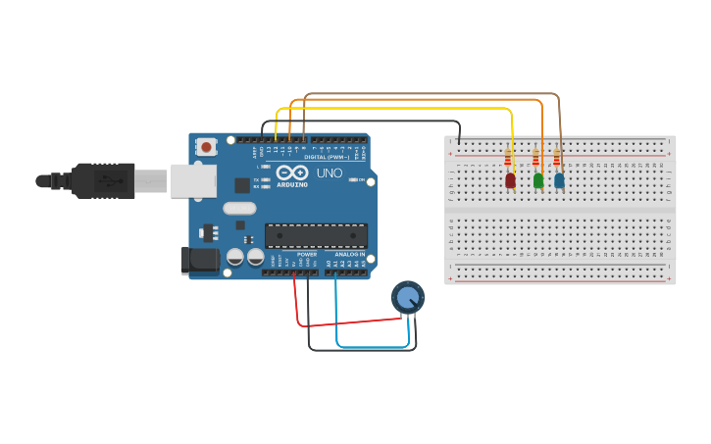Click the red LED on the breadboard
(510, 180)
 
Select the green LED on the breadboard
(537, 179)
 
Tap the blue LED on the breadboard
(559, 179)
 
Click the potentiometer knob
(408, 296)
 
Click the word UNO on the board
(330, 173)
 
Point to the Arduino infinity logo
(292, 173)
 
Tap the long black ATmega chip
(316, 235)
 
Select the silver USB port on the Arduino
(193, 180)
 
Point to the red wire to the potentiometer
(343, 321)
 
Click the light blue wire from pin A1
(373, 346)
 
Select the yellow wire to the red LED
(392, 109)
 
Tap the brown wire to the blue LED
(432, 94)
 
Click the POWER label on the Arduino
(307, 254)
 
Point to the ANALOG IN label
(348, 254)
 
